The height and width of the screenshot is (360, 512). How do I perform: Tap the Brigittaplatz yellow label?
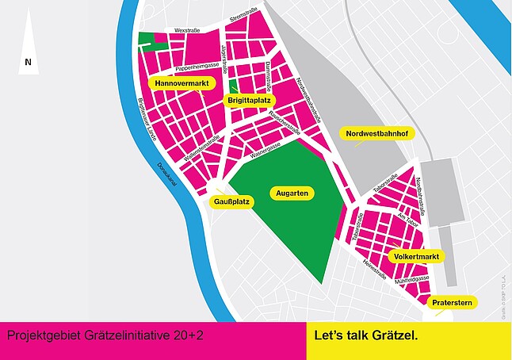250,101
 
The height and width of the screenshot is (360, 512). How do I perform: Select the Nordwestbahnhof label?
376,134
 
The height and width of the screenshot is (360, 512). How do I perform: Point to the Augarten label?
293,193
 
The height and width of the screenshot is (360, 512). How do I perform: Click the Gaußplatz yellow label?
232,202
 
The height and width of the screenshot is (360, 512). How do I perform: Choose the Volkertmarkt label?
417,257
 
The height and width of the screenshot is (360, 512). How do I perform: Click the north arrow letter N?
28,62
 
